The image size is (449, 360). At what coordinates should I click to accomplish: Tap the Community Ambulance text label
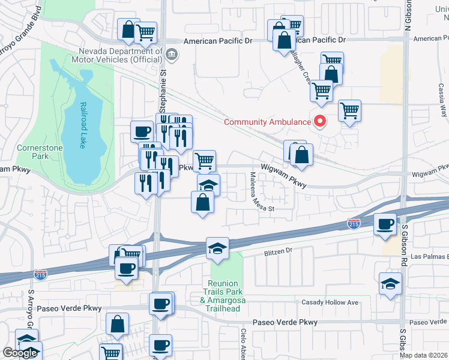pyautogui.click(x=265, y=122)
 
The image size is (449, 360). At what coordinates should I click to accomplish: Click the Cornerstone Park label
pyautogui.click(x=31, y=152)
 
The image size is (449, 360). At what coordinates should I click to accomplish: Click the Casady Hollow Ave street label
pyautogui.click(x=330, y=302)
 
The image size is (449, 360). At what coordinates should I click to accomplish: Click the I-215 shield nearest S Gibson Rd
pyautogui.click(x=354, y=224)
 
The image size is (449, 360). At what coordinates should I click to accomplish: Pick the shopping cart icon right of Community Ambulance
pyautogui.click(x=349, y=110)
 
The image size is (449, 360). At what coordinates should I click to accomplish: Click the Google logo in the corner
pyautogui.click(x=20, y=353)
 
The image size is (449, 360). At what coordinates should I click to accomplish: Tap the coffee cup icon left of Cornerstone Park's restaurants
pyautogui.click(x=142, y=131)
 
